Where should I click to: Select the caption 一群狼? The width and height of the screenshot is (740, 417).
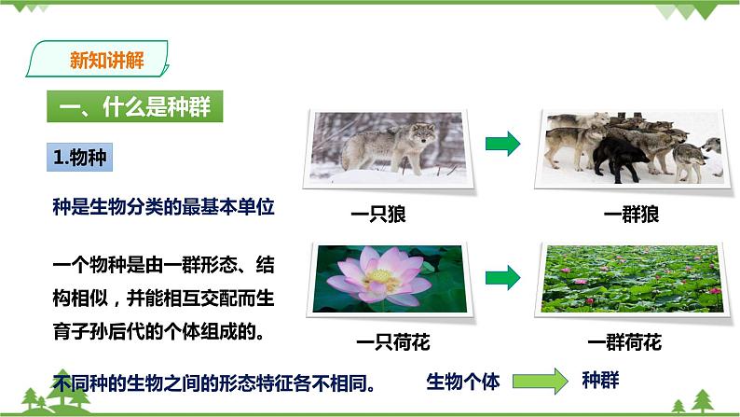click(631, 215)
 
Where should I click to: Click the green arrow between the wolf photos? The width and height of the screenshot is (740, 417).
click(503, 144)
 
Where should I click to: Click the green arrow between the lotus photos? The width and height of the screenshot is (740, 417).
click(503, 277)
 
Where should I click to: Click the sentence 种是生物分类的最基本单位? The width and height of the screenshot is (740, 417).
click(164, 207)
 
